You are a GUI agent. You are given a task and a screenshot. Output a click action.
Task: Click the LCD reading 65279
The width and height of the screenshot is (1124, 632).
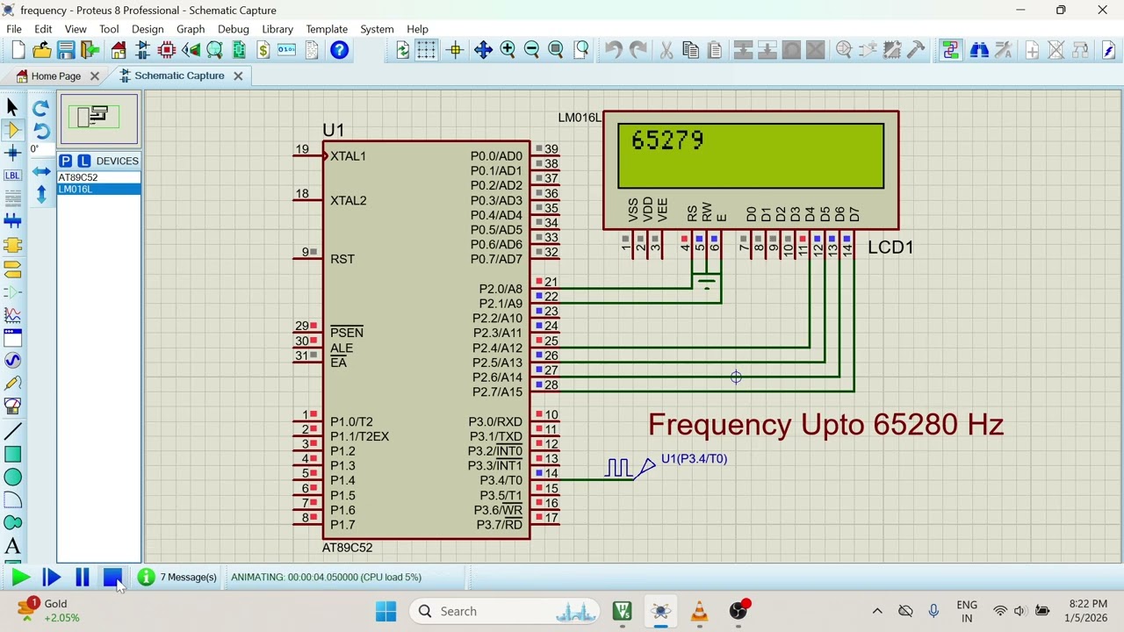pyautogui.click(x=667, y=140)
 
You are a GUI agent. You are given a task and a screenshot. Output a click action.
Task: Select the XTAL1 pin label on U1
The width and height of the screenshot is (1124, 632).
pyautogui.click(x=348, y=156)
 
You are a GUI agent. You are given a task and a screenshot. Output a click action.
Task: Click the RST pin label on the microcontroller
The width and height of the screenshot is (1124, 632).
pyautogui.click(x=342, y=259)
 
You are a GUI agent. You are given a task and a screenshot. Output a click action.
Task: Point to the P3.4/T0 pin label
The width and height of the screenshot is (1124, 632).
pyautogui.click(x=501, y=480)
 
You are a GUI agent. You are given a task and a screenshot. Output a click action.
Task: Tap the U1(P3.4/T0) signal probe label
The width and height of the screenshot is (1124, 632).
pyautogui.click(x=694, y=459)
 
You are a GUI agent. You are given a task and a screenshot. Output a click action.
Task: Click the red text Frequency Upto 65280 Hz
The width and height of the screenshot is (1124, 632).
pyautogui.click(x=825, y=425)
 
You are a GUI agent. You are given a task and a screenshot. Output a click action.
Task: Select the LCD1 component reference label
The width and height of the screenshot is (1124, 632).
pyautogui.click(x=890, y=248)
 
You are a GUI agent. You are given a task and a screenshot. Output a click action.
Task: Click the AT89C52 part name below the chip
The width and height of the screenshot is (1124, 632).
pyautogui.click(x=347, y=548)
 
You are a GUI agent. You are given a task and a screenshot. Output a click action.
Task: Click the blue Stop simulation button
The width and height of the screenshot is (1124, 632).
pyautogui.click(x=112, y=577)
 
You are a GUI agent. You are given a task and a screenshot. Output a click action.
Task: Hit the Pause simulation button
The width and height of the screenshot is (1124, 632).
pyautogui.click(x=82, y=577)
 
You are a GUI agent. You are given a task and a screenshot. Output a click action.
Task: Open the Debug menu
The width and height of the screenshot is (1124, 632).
pyautogui.click(x=234, y=29)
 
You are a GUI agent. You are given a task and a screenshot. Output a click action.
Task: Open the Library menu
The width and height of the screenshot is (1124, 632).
pyautogui.click(x=277, y=29)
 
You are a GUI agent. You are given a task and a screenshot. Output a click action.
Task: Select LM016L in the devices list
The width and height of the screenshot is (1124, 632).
pyautogui.click(x=76, y=190)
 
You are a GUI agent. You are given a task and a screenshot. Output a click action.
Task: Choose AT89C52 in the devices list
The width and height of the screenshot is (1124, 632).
pyautogui.click(x=78, y=177)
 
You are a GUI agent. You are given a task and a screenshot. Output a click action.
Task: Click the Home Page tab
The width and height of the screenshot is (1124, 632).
pyautogui.click(x=55, y=76)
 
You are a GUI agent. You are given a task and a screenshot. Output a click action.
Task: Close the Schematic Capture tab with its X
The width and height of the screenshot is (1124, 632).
pyautogui.click(x=238, y=75)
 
